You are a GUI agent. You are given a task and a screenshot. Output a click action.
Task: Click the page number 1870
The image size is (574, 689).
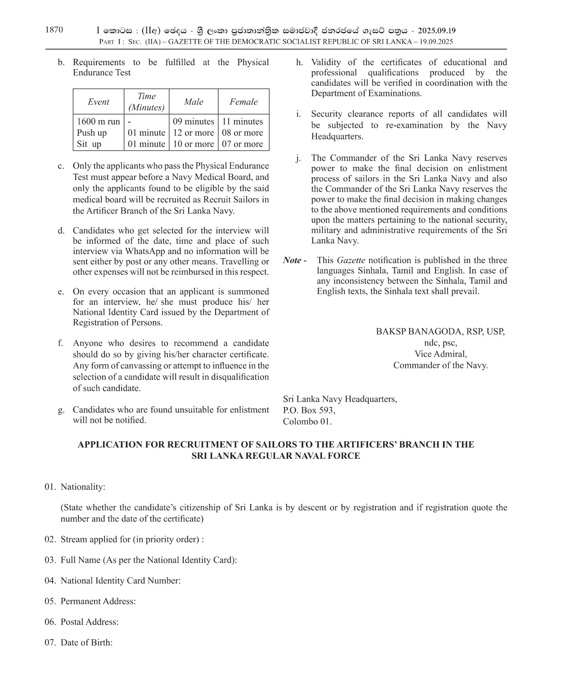click(54, 30)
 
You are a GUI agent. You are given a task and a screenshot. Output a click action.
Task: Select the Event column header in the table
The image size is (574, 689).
click(98, 102)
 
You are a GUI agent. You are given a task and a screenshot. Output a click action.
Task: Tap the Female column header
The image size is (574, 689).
click(244, 102)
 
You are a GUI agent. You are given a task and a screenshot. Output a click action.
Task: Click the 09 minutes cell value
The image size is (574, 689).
click(194, 121)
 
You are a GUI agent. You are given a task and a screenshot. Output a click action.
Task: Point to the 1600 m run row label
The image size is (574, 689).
click(99, 121)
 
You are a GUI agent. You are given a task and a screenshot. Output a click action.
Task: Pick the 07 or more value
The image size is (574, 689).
click(242, 144)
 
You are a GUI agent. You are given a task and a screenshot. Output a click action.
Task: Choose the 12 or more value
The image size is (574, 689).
click(194, 133)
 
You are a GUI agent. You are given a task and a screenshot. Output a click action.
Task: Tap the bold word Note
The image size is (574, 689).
click(293, 260)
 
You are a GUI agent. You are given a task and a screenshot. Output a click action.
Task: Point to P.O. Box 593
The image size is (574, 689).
click(309, 411)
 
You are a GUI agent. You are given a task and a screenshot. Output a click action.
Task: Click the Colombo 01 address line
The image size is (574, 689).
click(307, 422)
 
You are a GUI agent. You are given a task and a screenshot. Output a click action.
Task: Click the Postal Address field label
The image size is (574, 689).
click(90, 622)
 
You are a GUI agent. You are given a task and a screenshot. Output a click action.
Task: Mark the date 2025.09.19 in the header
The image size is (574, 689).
click(436, 31)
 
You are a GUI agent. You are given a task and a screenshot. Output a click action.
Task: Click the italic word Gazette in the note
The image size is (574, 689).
click(351, 260)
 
